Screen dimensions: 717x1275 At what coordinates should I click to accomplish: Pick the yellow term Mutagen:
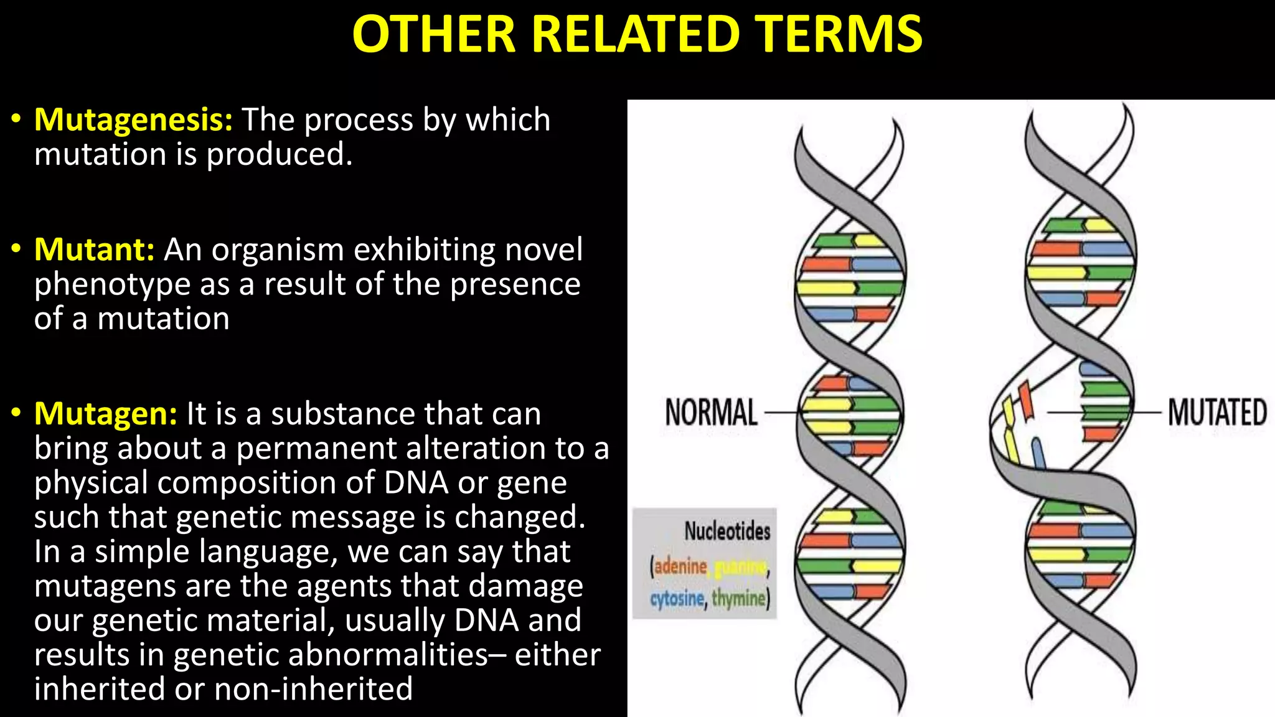click(106, 414)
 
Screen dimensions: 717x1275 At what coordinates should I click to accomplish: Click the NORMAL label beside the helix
click(711, 413)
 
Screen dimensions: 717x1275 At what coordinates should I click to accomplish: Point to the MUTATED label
click(1217, 413)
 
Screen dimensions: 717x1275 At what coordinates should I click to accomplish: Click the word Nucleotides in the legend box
click(727, 531)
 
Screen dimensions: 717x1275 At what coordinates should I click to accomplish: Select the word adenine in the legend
click(680, 566)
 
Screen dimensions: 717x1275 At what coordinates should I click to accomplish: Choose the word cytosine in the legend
click(677, 599)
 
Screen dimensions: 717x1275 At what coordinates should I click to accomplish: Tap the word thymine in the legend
click(738, 599)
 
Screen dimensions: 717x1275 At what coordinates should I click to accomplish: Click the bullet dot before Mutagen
click(17, 413)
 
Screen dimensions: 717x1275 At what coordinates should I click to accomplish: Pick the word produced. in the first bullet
click(280, 154)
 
